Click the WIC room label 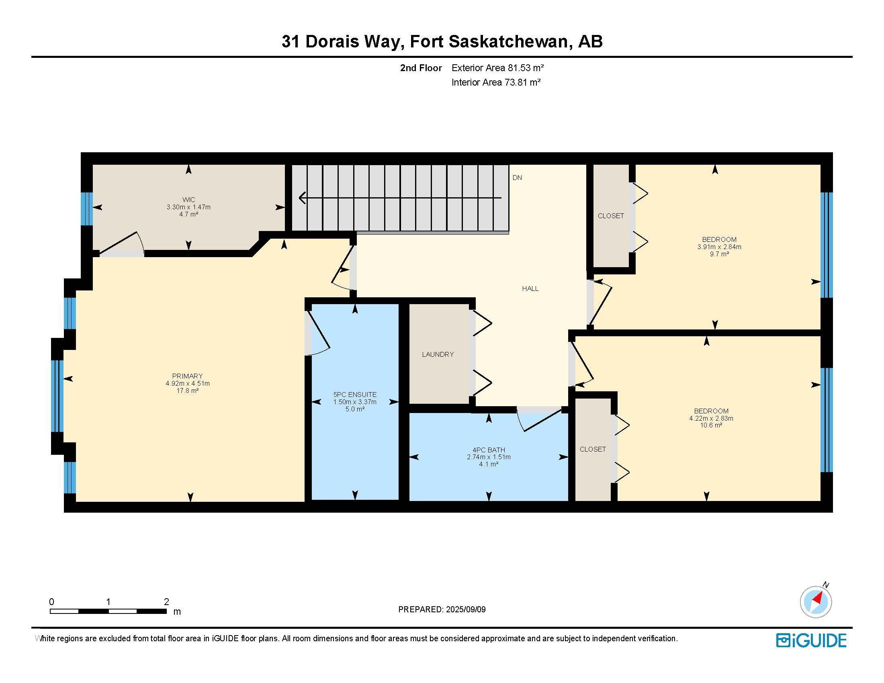point(188,200)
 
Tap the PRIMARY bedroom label point(187,376)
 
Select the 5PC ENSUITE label point(355,395)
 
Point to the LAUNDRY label point(438,354)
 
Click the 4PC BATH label point(489,450)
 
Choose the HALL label point(530,288)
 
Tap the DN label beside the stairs point(517,178)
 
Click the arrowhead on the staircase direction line point(302,198)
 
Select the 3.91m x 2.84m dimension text point(719,247)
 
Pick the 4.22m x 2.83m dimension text point(711,418)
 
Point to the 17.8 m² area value point(187,391)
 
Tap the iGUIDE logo point(811,640)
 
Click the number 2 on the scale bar point(166,602)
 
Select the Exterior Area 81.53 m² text point(497,68)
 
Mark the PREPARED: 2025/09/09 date point(442,609)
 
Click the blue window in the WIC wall point(87,209)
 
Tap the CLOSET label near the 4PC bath point(593,449)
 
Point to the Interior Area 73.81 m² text point(496,82)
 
